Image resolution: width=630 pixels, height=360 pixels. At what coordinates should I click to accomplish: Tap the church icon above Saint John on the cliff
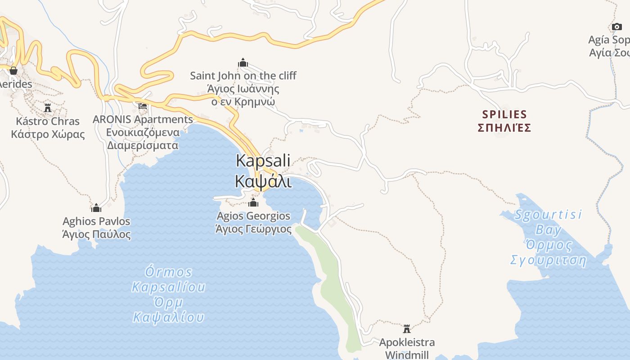point(243,63)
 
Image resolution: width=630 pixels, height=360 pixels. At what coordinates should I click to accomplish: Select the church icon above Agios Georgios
point(253,202)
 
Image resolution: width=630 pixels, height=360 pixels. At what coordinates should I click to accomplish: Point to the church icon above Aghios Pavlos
point(96,208)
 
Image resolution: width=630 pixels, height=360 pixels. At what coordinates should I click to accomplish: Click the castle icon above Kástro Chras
point(48,108)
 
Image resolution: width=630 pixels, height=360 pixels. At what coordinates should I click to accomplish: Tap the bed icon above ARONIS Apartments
point(143,106)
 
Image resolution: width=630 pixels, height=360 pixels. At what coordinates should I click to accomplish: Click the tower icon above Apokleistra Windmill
point(407,328)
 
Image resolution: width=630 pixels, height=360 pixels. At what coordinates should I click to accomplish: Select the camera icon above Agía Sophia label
point(617,27)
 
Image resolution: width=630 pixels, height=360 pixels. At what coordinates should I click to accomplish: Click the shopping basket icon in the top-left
point(13,71)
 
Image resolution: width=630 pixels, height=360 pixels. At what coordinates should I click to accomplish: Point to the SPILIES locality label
point(504,114)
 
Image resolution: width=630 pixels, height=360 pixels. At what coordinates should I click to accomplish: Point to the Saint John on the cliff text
point(243,76)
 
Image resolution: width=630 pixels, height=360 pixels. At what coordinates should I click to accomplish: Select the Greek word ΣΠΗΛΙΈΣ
point(504,128)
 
